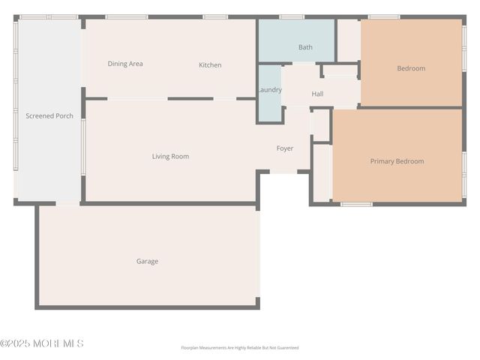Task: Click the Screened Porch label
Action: point(49,116)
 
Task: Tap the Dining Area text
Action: point(125,64)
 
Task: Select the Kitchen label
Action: point(210,65)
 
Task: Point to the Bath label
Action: point(305,47)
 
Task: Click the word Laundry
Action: point(269,90)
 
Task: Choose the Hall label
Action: point(317,94)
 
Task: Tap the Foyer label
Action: point(285,148)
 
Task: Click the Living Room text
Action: point(170,157)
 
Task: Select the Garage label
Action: point(147,262)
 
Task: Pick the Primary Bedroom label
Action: point(397,161)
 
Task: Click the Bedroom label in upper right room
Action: point(411,69)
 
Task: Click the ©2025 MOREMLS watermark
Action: point(42,343)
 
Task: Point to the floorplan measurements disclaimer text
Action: point(239,348)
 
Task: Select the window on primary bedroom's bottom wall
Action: point(356,203)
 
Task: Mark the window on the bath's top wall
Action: point(292,16)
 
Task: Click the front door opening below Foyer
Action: point(283,172)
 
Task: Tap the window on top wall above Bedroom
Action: point(383,16)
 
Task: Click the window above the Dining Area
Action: point(126,16)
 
